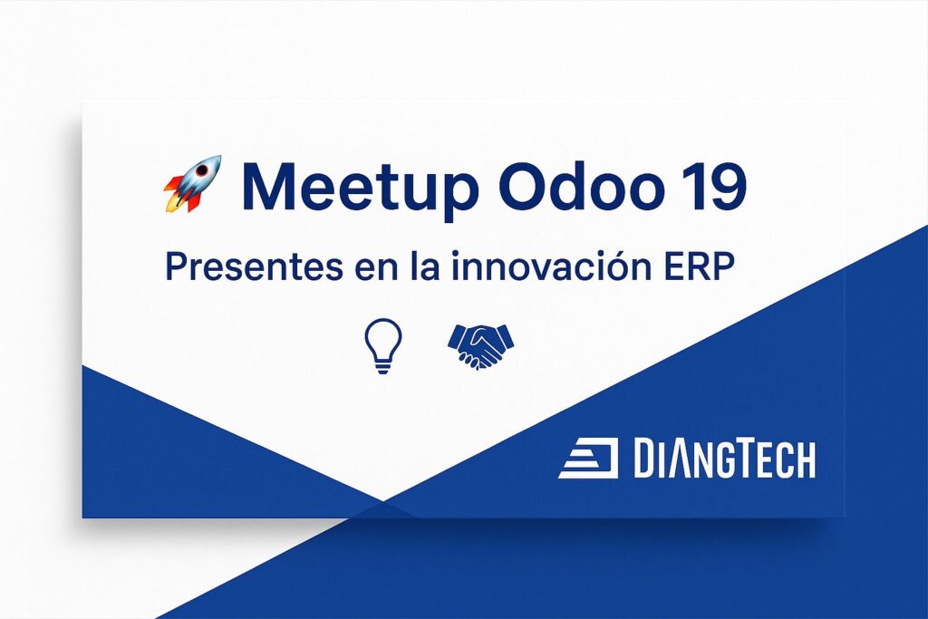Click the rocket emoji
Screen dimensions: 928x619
(192, 184)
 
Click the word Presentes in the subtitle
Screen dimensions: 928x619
(254, 266)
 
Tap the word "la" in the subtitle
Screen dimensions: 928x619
(426, 266)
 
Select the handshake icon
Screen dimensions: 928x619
(480, 346)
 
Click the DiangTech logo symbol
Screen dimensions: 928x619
(588, 458)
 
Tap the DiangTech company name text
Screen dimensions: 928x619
(724, 458)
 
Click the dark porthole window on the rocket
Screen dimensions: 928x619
(203, 171)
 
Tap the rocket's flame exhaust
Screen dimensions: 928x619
(173, 201)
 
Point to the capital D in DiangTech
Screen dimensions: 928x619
(644, 458)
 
